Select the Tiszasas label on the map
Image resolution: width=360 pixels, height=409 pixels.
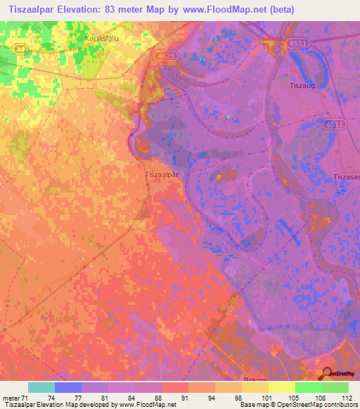(347, 176)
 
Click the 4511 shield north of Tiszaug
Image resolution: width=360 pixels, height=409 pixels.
(298, 44)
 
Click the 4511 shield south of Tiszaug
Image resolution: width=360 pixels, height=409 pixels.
(335, 124)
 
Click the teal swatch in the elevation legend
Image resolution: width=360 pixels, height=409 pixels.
(41, 388)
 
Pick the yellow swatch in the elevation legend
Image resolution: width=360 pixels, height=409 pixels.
(281, 388)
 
